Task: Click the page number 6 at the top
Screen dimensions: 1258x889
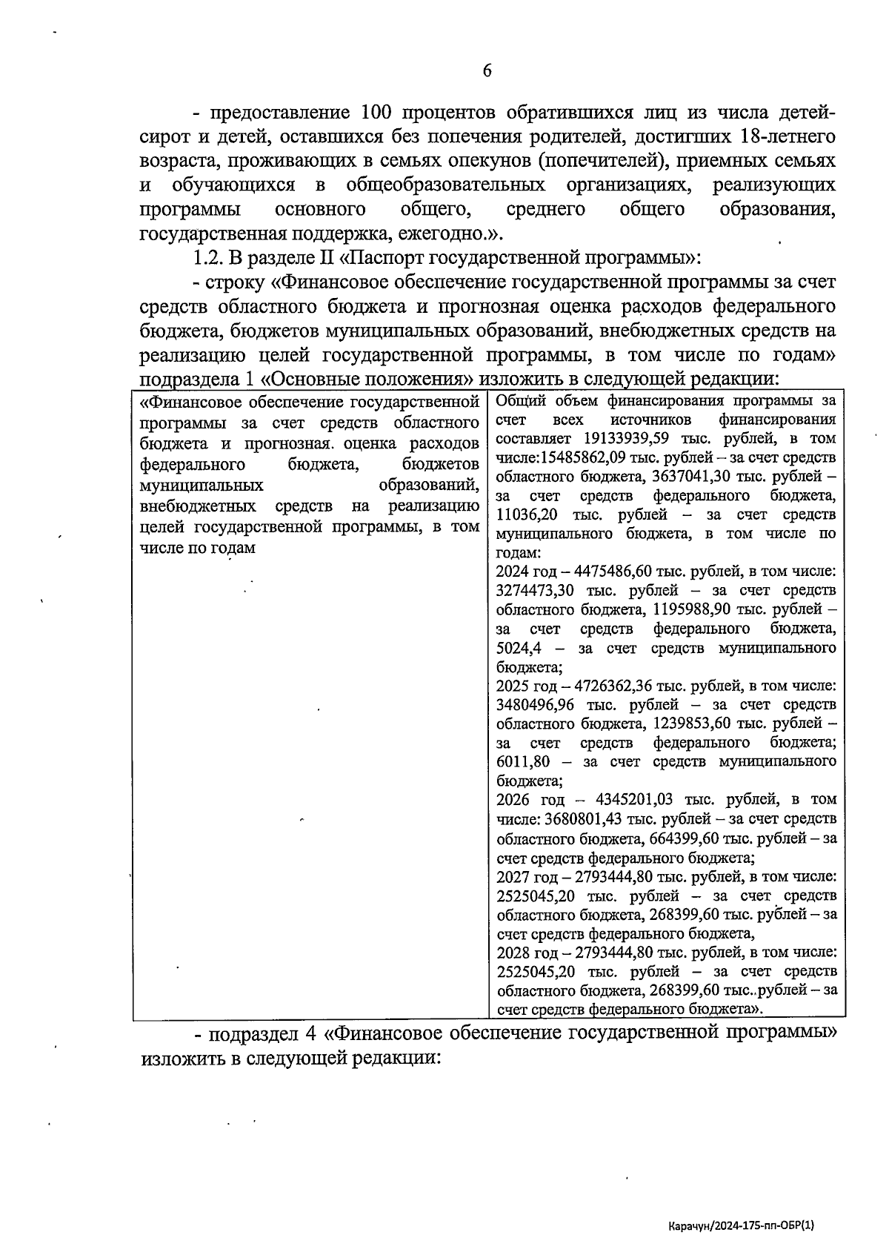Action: click(x=487, y=71)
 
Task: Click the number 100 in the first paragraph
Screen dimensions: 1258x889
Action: click(x=382, y=113)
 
